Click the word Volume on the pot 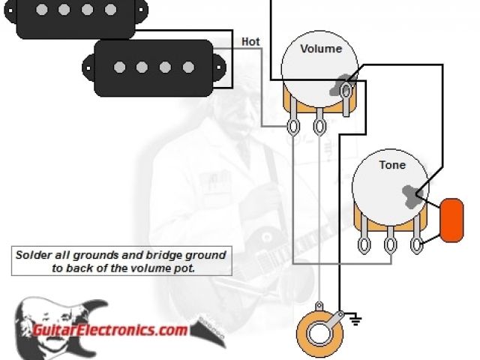(x=321, y=49)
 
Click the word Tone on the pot (x=391, y=165)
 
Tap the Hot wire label (x=250, y=42)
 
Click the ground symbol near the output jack (x=356, y=321)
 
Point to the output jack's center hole (x=318, y=330)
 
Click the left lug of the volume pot (x=295, y=126)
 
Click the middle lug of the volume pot (x=320, y=126)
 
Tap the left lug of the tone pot (x=364, y=244)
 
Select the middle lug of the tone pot (x=390, y=244)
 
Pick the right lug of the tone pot (x=417, y=244)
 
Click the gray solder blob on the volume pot (x=341, y=84)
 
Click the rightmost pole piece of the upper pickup (x=112, y=10)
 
